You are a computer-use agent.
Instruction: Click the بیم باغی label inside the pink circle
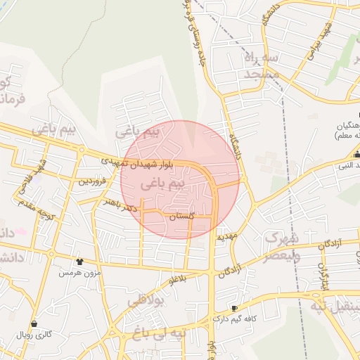[162, 185]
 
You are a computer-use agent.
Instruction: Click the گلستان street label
[182, 218]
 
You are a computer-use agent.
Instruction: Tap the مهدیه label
[231, 236]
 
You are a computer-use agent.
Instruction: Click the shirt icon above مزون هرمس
[79, 261]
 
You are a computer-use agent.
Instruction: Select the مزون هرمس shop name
[79, 271]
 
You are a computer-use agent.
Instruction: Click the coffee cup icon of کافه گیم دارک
[234, 309]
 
